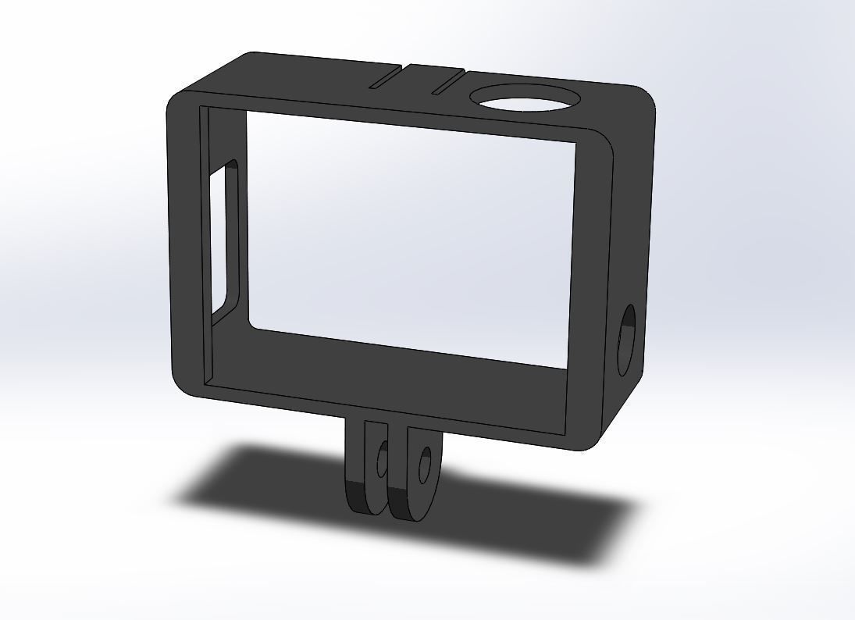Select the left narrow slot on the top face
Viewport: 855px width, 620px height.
[385, 77]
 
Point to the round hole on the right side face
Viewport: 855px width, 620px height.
[627, 340]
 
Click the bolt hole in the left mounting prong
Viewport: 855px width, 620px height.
[382, 460]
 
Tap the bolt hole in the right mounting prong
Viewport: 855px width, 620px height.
[425, 465]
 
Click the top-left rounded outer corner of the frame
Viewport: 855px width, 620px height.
[178, 102]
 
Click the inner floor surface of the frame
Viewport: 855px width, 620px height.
[406, 367]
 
